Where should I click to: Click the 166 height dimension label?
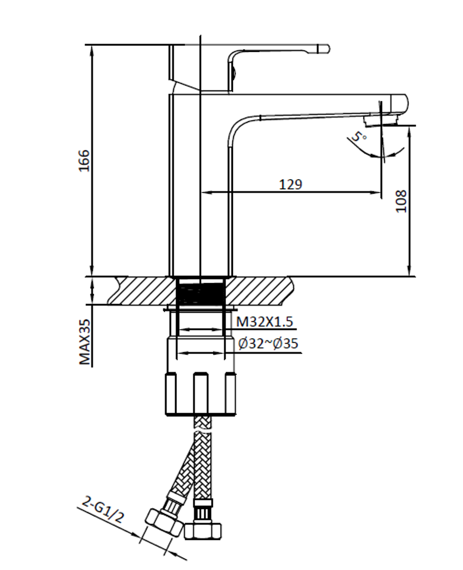point(83,160)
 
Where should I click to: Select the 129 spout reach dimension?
point(291,184)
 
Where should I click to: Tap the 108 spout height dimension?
point(401,201)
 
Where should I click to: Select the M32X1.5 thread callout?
point(265,322)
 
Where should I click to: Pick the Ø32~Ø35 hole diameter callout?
point(268,344)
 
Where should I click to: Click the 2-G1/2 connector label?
point(103,509)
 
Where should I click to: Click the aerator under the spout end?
point(381,121)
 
